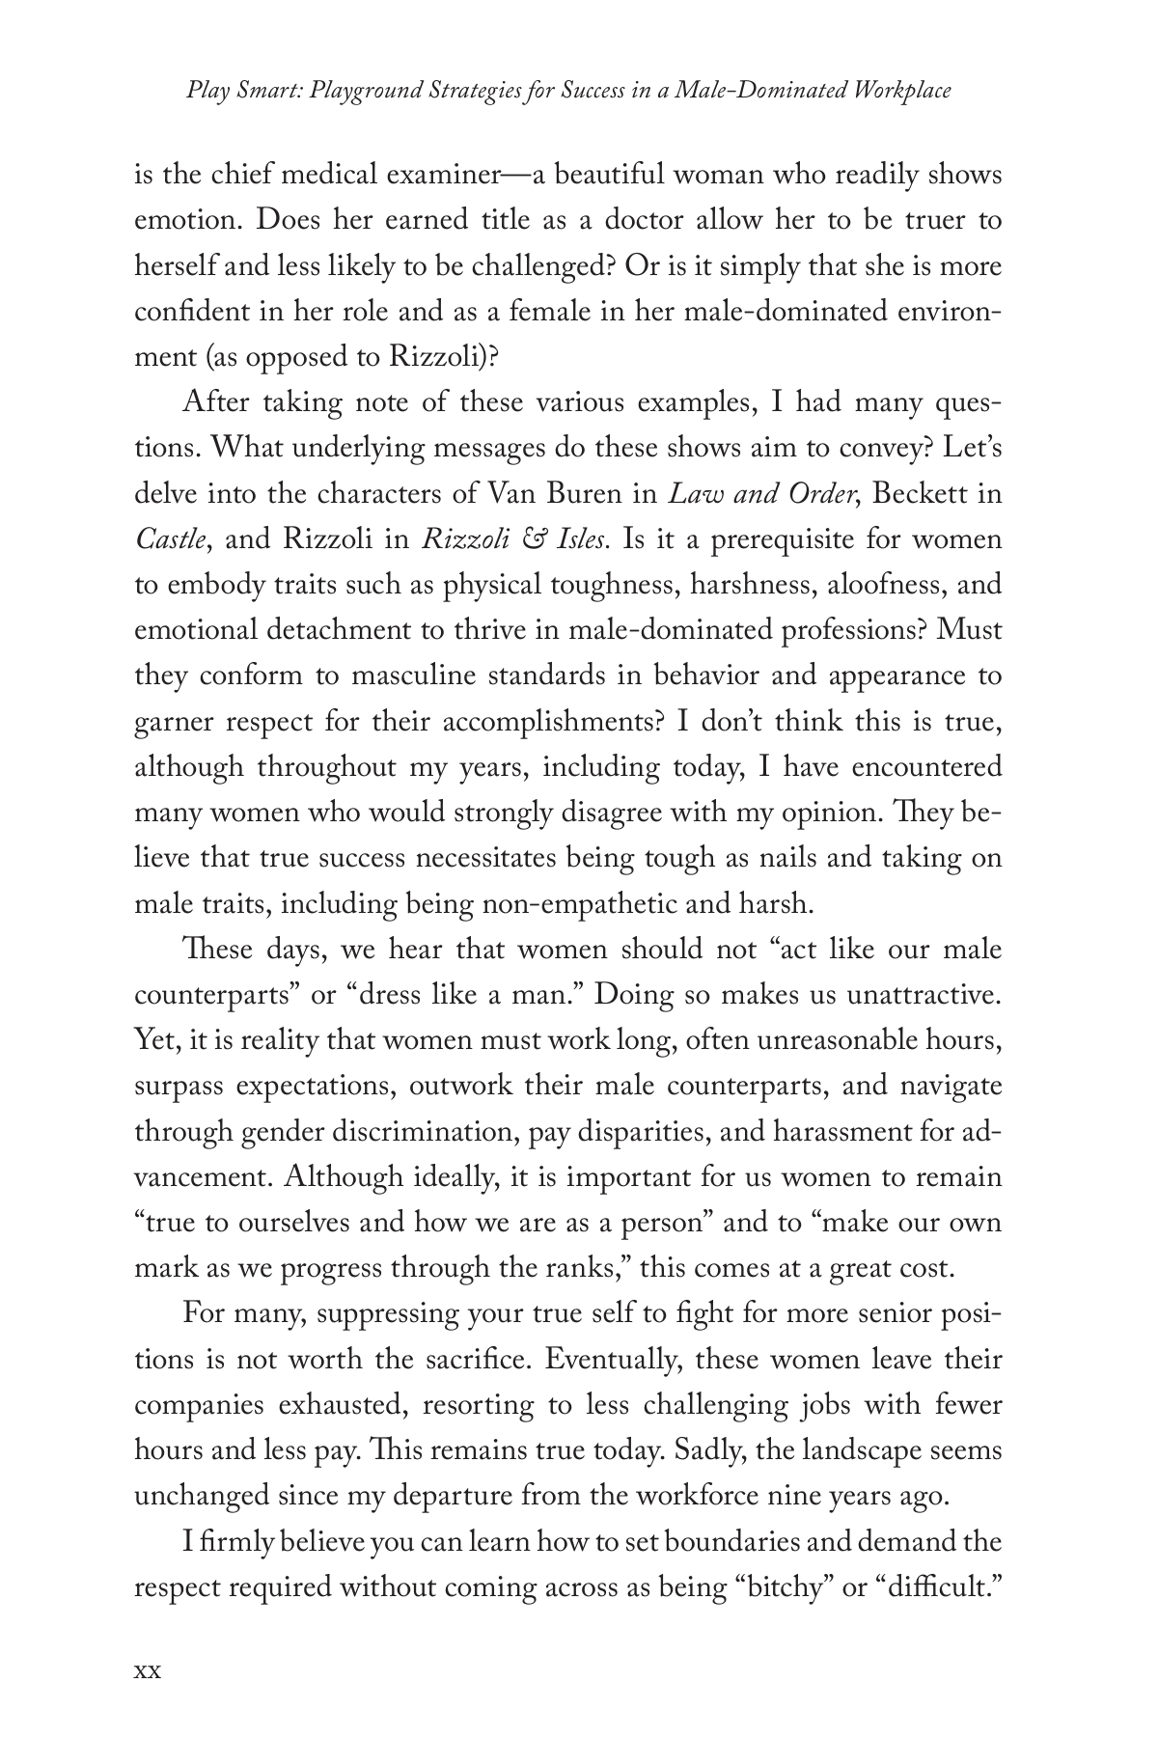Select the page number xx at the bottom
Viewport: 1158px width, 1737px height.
click(147, 1670)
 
